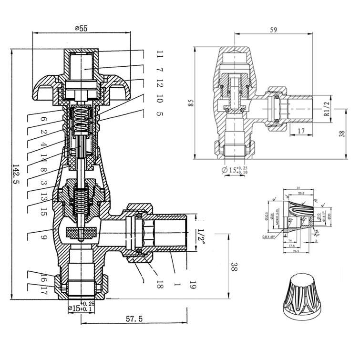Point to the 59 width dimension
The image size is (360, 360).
click(274, 30)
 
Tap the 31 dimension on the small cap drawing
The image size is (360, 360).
click(298, 187)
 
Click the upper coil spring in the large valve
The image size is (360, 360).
click(82, 119)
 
